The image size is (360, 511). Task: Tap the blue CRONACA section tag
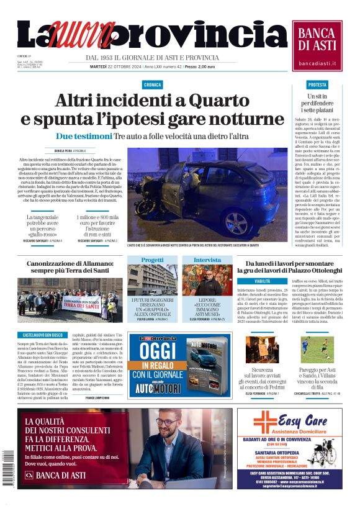[x=152, y=84]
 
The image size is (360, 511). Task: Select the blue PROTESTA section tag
[x=317, y=84]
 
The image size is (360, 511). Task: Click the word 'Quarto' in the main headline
[x=230, y=101]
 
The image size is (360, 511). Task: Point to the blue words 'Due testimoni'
[x=84, y=136]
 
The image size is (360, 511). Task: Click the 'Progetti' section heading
[x=152, y=260]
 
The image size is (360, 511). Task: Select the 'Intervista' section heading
[x=207, y=260]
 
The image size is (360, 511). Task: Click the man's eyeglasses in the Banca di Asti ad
[x=168, y=422]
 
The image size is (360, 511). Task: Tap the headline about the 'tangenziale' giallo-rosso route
[x=45, y=226]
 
